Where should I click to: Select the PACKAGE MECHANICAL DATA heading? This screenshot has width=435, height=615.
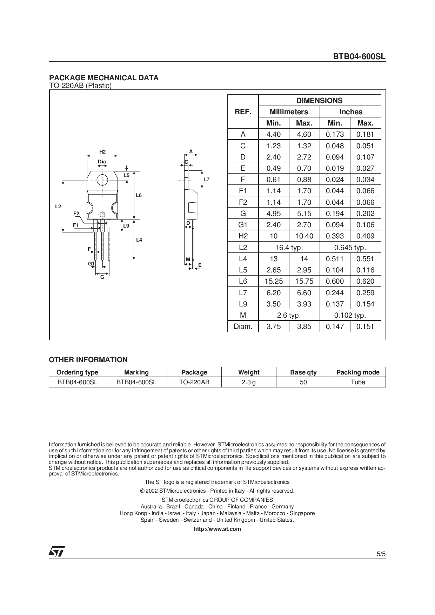[103, 78]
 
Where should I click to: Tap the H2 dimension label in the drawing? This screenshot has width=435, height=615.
[102, 152]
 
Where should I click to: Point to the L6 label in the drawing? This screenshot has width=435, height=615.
[139, 195]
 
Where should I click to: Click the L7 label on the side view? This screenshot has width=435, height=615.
[206, 180]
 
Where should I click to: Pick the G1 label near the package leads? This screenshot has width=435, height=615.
[91, 264]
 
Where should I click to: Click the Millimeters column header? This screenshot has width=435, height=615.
[289, 112]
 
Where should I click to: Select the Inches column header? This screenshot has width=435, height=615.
[350, 112]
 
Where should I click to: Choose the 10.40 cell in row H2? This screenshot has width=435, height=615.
[304, 236]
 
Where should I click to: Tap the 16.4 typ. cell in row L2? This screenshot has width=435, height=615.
[289, 248]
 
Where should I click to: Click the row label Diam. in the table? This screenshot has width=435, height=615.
[243, 326]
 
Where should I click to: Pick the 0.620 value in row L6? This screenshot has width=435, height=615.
[365, 281]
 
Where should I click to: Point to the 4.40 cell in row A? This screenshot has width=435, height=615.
[273, 134]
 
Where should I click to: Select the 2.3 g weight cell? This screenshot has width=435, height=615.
[248, 382]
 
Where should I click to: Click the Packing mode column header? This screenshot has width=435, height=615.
[358, 372]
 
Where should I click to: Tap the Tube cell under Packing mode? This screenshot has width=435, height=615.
[358, 382]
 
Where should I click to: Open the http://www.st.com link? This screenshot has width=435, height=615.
[217, 529]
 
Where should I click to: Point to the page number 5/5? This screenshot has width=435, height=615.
[381, 554]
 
